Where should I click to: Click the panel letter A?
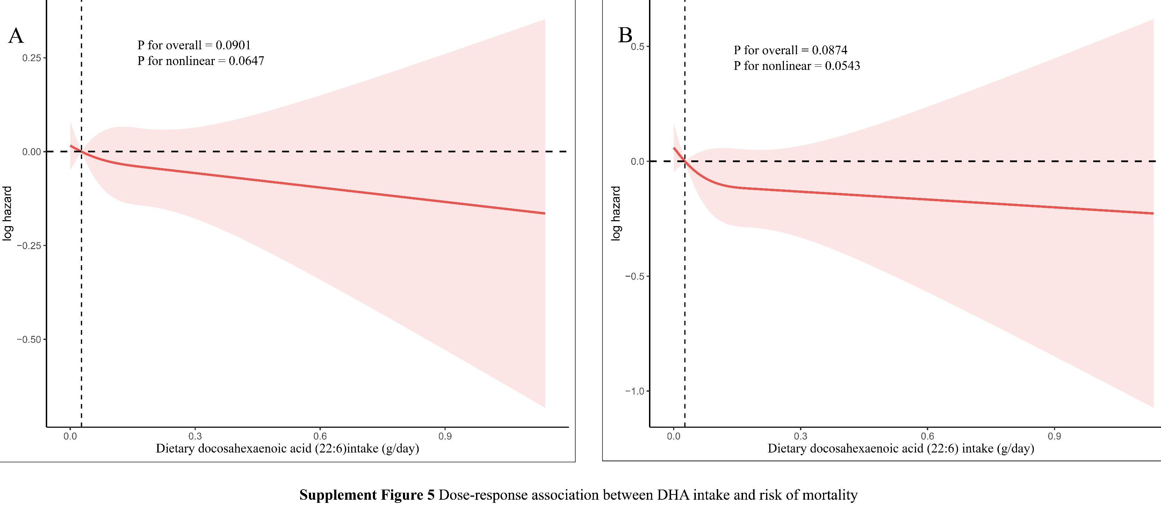[16, 36]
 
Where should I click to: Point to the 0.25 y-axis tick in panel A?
[31, 58]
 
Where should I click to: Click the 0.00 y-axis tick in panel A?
[31, 152]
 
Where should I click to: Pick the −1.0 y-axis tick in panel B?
[635, 391]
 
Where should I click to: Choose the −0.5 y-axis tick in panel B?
[635, 276]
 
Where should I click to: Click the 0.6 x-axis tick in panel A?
[320, 436]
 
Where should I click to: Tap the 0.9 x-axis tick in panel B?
[1054, 436]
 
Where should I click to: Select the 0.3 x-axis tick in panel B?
[800, 436]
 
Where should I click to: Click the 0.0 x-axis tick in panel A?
[70, 436]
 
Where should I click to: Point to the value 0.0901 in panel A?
[233, 45]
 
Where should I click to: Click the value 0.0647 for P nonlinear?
[246, 61]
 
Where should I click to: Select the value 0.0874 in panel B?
[829, 50]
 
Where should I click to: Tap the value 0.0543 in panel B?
[842, 66]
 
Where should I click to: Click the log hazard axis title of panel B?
[615, 213]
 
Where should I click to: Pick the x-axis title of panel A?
[288, 448]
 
